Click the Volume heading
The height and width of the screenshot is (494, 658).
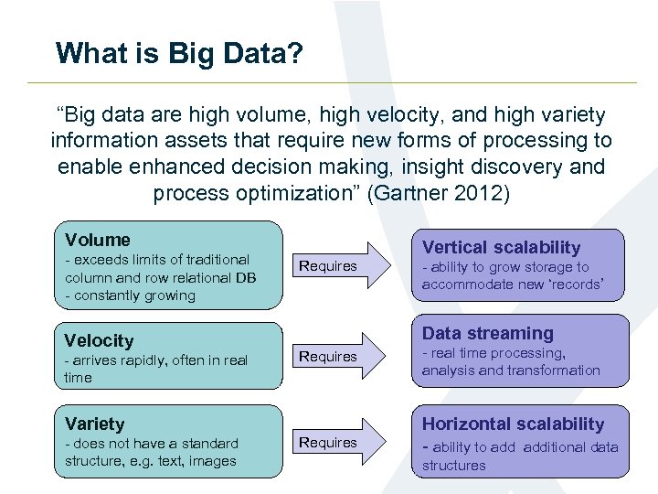click(98, 240)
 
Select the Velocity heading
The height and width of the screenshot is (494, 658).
click(100, 340)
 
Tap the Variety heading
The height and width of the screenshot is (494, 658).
click(95, 424)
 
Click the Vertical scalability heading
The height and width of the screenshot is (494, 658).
click(501, 247)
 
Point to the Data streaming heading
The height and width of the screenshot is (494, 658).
click(488, 334)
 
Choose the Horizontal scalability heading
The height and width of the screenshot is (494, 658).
click(513, 424)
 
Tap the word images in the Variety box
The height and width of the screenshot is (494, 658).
click(212, 461)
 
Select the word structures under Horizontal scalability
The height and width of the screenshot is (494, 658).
click(454, 466)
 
